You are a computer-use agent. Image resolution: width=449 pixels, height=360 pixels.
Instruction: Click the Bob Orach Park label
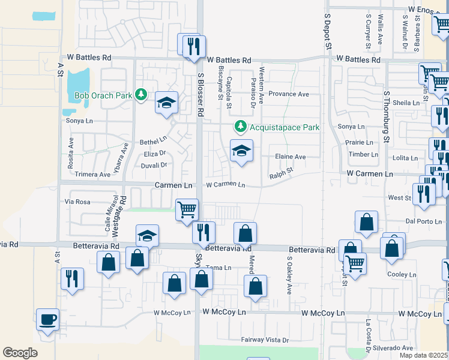tap(103, 95)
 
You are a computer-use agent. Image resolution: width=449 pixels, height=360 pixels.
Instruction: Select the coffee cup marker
tap(47, 319)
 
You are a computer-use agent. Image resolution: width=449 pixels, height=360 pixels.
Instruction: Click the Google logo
tap(20, 353)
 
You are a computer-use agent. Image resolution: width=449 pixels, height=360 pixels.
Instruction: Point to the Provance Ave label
tap(288, 94)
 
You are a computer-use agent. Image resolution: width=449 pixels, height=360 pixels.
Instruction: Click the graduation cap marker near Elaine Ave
tap(241, 150)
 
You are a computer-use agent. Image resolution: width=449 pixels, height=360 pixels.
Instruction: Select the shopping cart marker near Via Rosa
tap(187, 210)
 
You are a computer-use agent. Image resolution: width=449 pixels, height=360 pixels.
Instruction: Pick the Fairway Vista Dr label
tap(265, 340)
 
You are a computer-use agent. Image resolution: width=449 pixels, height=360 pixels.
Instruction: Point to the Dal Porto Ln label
tap(427, 221)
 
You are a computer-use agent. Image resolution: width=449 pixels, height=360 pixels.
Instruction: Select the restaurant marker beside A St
tap(72, 278)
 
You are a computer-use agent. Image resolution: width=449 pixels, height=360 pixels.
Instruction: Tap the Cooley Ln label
tap(402, 274)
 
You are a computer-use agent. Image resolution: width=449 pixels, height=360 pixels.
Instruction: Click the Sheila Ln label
tap(406, 103)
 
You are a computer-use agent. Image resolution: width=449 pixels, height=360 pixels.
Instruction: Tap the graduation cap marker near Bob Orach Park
tap(166, 102)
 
